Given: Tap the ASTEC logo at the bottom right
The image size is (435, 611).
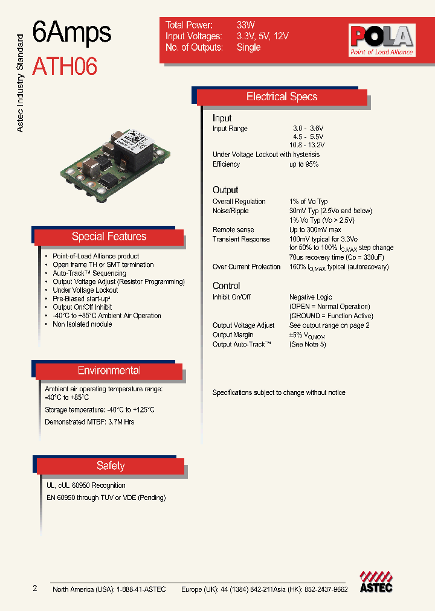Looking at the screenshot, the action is (376, 581).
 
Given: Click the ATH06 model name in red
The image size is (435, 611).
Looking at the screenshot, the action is (64, 66).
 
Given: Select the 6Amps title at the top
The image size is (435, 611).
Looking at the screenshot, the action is (71, 33).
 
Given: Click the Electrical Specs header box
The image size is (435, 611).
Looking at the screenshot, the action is (282, 97).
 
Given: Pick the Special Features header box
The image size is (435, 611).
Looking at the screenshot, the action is (109, 237).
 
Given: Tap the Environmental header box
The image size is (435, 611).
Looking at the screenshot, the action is (109, 371).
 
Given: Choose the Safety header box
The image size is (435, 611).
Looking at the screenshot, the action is (111, 465).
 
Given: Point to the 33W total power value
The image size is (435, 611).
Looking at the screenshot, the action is (246, 25).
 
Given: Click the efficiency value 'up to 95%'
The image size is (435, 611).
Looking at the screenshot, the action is (304, 164).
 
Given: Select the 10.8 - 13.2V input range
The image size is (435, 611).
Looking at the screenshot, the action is (306, 146).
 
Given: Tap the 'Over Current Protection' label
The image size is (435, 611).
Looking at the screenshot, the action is (246, 267).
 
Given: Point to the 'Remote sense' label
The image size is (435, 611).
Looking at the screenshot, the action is (233, 230).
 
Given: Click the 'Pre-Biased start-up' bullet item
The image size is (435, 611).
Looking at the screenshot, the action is (81, 298).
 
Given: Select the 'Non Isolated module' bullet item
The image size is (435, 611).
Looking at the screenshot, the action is (82, 324).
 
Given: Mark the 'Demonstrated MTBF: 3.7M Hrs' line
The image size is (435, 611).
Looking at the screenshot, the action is (89, 422).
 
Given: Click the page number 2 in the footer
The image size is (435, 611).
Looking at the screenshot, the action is (34, 588).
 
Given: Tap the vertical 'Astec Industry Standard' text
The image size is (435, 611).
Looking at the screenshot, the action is (19, 83).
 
